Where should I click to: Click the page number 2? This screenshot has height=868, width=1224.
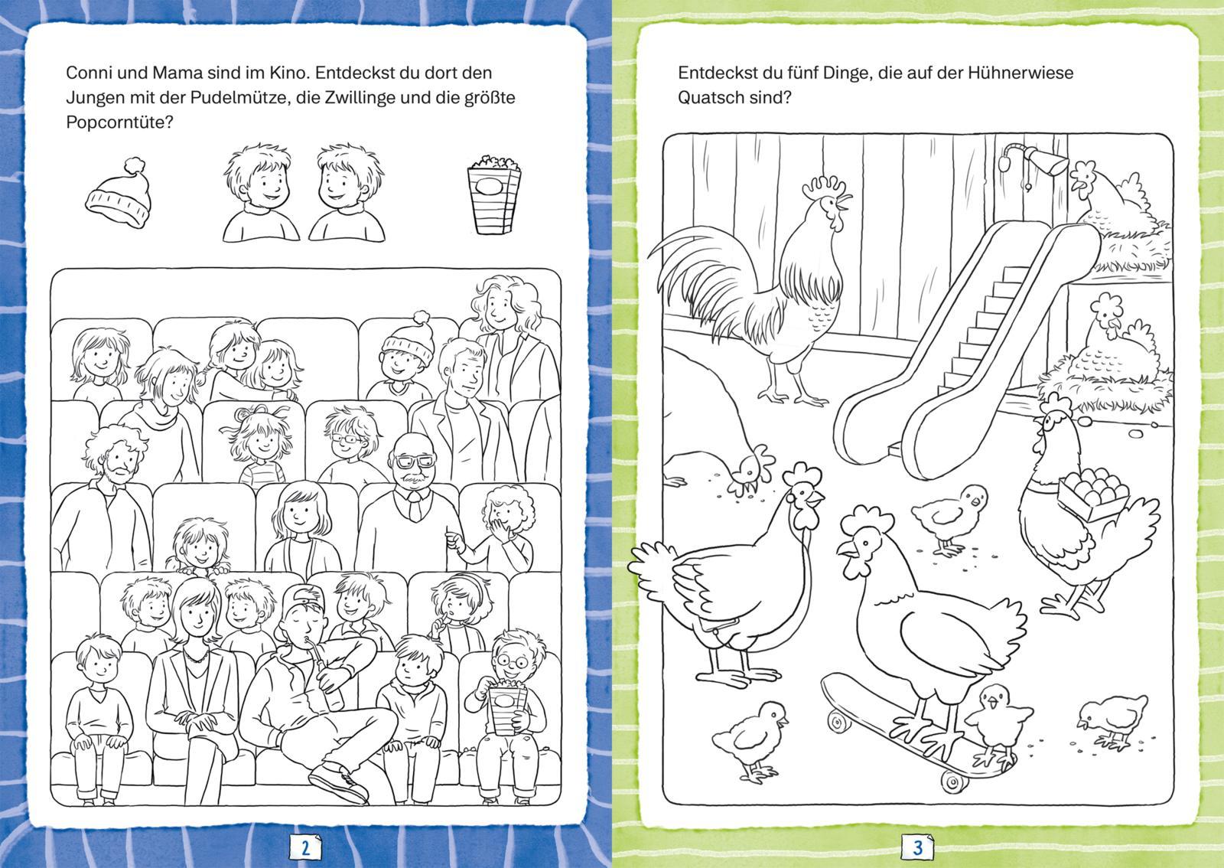pyautogui.click(x=305, y=847)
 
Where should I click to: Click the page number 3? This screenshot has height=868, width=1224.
pyautogui.click(x=918, y=847)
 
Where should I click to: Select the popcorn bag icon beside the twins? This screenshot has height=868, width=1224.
pyautogui.click(x=494, y=194)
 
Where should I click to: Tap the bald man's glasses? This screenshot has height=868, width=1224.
pyautogui.click(x=416, y=462)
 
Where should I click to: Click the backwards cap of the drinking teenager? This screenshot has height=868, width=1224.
pyautogui.click(x=304, y=599)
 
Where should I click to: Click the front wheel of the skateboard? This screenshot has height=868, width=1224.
pyautogui.click(x=836, y=722)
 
